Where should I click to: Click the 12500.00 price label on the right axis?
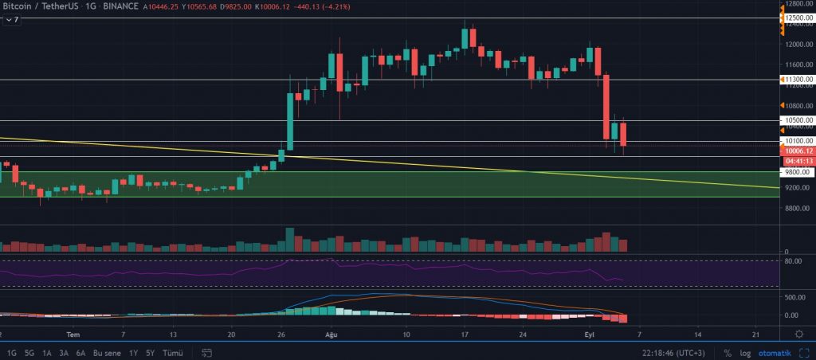tap(798, 18)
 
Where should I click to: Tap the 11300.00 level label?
tap(798, 80)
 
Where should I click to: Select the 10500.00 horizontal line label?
tap(798, 120)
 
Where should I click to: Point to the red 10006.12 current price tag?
tap(798, 151)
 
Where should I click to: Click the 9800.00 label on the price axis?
tap(797, 172)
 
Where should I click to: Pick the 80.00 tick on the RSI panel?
tap(794, 260)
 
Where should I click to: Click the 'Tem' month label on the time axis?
tap(73, 335)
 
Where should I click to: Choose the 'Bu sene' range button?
tap(108, 352)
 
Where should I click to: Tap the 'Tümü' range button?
tap(173, 352)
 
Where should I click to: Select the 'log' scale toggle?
tap(745, 352)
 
